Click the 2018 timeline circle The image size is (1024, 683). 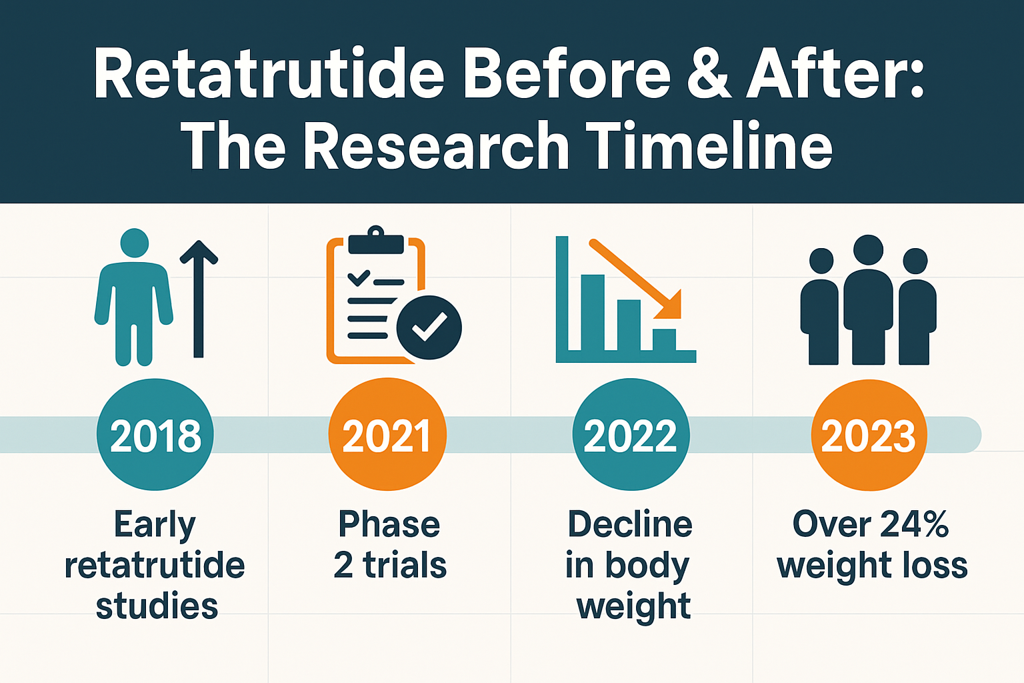(x=155, y=435)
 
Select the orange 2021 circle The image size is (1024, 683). (x=387, y=435)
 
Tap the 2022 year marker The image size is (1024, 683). (x=631, y=435)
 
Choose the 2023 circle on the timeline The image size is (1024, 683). (x=869, y=435)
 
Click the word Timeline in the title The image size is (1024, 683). (x=709, y=147)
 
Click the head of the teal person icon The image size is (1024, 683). (x=135, y=243)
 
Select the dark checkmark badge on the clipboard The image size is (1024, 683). (x=429, y=327)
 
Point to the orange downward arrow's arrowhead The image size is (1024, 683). (x=671, y=307)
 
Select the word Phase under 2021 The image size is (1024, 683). (x=389, y=524)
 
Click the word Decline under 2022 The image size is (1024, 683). (x=630, y=524)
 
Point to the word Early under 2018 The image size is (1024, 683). (x=155, y=524)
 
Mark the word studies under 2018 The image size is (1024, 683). (x=157, y=606)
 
